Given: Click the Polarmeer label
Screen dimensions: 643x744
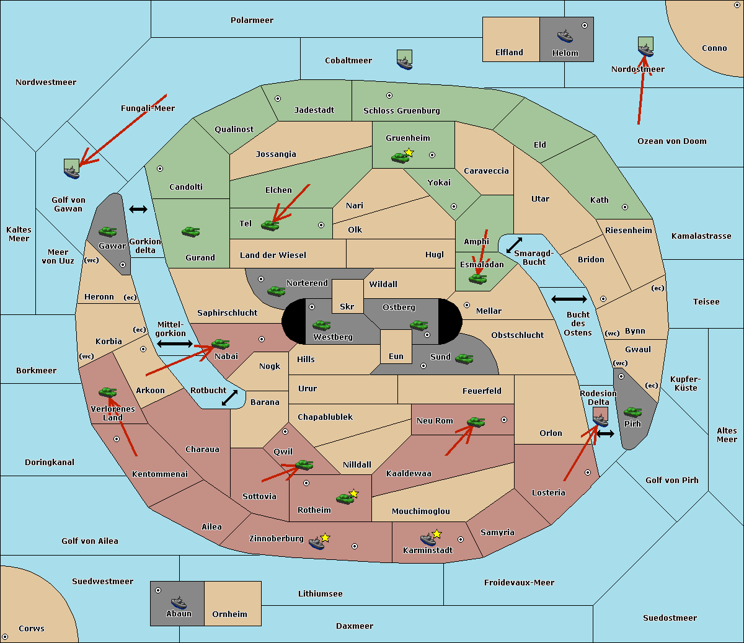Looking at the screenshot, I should point(252,20).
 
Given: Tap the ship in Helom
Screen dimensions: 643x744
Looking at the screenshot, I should point(565,36).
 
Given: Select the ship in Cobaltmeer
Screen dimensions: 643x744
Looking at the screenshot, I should point(404,61).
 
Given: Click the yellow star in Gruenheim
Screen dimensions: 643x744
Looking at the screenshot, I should point(409,153).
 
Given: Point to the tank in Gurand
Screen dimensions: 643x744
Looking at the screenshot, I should point(190,231).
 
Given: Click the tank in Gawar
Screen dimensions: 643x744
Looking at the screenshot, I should point(108,231).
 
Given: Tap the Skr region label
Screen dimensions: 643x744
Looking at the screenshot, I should point(347,306).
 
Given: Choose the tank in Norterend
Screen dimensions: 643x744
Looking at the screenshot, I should point(276,290).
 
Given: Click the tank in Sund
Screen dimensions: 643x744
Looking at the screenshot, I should point(464,358).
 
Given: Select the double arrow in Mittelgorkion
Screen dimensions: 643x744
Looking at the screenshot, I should point(175,344).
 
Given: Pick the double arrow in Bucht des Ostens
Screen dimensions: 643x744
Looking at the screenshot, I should point(569,299).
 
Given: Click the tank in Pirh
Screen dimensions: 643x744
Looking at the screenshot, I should point(632,412).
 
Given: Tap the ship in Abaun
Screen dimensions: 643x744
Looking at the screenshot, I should point(179,602).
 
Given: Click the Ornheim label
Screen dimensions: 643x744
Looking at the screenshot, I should point(229,614).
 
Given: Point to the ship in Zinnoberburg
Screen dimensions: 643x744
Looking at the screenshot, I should point(317,543).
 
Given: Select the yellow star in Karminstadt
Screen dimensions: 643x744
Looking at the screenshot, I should point(436,533).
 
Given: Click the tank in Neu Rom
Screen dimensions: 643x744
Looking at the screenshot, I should point(476,422).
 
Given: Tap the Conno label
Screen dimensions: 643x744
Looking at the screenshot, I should point(714,48).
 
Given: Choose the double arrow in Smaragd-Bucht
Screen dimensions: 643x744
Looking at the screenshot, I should point(514,246).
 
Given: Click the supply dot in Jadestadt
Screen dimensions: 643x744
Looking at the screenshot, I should point(278,98).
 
